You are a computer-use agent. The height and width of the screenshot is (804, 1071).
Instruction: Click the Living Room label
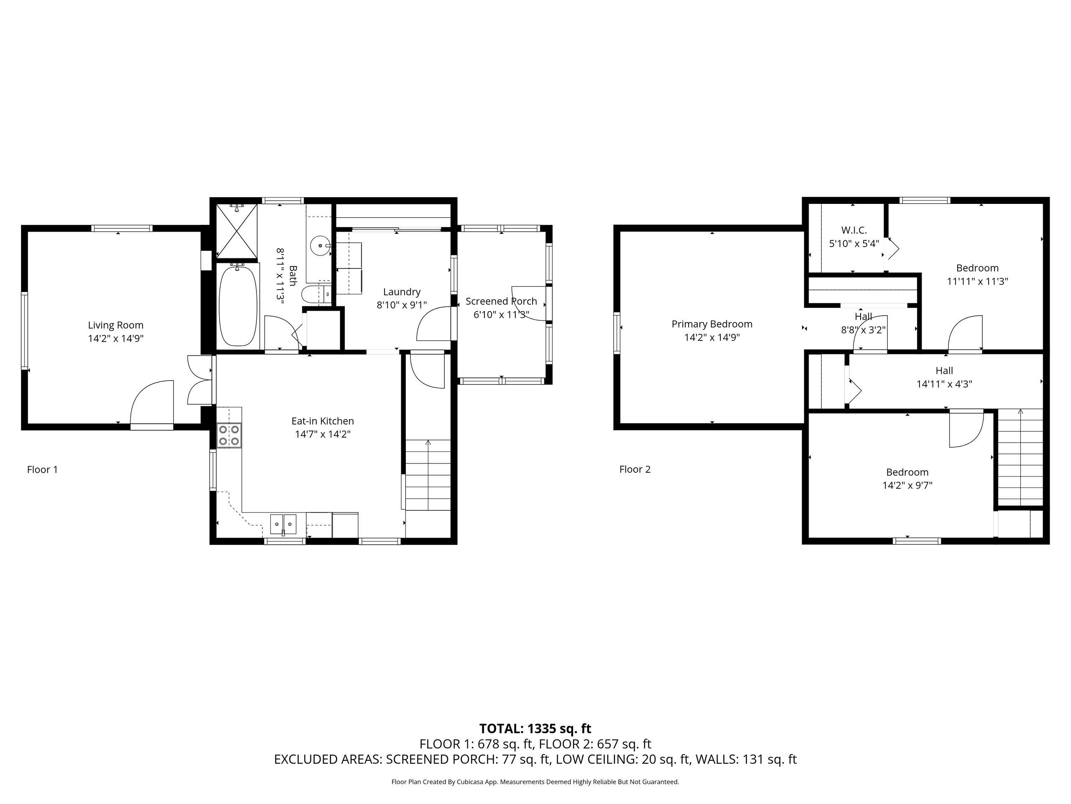[116, 325]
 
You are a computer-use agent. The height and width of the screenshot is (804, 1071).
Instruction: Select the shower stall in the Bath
[236, 232]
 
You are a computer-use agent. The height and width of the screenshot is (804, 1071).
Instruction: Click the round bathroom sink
[320, 245]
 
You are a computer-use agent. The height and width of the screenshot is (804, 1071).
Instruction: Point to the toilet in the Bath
[315, 294]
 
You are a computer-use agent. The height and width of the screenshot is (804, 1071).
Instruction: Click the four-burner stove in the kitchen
[229, 435]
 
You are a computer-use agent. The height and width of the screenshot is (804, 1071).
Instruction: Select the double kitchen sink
[283, 524]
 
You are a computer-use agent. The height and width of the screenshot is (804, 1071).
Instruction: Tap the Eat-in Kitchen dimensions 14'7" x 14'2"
[323, 434]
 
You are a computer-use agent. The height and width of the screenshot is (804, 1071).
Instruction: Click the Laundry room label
[402, 292]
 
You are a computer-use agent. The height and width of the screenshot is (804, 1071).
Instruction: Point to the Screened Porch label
[501, 301]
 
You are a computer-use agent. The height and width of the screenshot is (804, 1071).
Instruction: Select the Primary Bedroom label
[712, 324]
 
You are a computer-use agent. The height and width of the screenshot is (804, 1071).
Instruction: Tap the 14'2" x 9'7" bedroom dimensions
[907, 485]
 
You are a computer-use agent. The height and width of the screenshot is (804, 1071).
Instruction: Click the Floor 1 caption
[43, 469]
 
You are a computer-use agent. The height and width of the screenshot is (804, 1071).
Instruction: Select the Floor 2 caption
[635, 469]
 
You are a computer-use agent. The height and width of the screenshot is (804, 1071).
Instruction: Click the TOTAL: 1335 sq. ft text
[535, 728]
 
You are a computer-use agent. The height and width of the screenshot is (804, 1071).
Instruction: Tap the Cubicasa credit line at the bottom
[535, 782]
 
